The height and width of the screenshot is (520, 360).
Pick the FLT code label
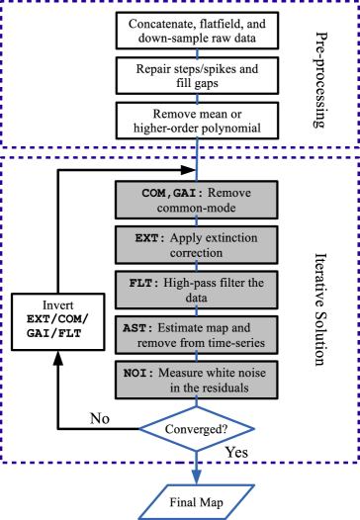[x=145, y=284]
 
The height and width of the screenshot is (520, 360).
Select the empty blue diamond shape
[x=197, y=428]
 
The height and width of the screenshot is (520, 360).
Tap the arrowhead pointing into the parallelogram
[x=197, y=477]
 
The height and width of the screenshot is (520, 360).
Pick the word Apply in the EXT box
[x=184, y=238]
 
